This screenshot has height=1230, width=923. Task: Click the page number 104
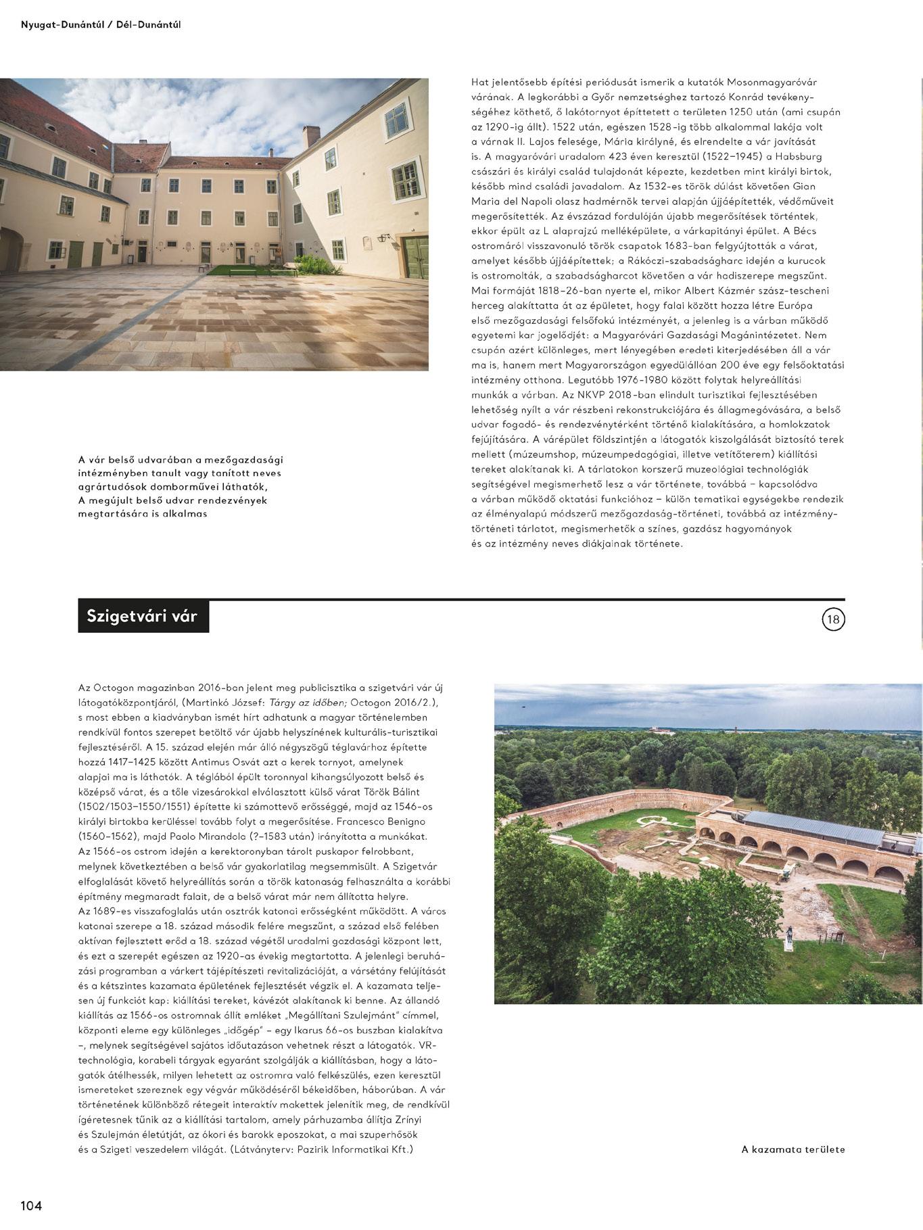[31, 1205]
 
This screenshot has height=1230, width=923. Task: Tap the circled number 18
[833, 619]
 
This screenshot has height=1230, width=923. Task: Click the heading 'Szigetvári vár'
[142, 617]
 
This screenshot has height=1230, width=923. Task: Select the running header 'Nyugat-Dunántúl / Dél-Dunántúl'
[101, 25]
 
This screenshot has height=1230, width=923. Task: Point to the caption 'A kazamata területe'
[792, 1149]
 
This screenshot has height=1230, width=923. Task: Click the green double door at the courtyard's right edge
[415, 257]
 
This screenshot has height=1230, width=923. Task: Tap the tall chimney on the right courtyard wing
[311, 136]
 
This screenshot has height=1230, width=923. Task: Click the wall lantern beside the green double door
[383, 237]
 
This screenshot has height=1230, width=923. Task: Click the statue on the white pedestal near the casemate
[788, 935]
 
